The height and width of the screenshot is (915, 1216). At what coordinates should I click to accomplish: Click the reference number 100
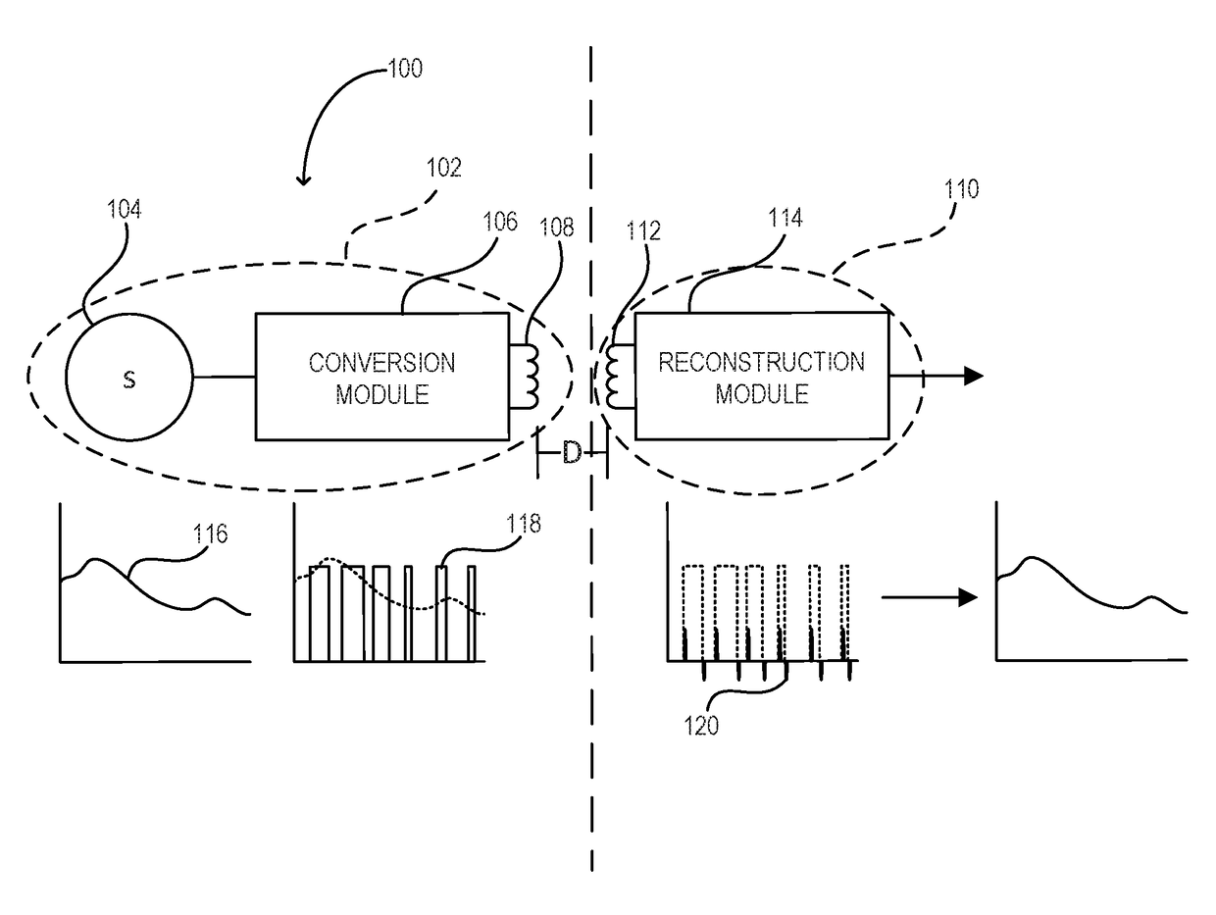coord(405,69)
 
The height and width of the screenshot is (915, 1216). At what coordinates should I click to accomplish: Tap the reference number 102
coord(444,168)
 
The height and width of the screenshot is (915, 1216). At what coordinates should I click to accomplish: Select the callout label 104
coord(125,209)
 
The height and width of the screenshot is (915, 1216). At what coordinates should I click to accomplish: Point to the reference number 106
coord(500,222)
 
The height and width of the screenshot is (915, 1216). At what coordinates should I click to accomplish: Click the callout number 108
coord(557,228)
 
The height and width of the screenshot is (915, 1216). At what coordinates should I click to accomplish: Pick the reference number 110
coord(962,189)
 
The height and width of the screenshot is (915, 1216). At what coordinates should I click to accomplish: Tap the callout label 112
coord(643,230)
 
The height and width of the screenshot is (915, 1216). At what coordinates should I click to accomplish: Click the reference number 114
coord(785,218)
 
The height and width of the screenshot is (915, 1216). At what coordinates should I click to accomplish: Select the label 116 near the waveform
coord(210,534)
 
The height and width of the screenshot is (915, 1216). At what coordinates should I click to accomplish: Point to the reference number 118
coord(524,524)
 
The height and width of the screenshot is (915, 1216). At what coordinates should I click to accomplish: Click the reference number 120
coord(701,726)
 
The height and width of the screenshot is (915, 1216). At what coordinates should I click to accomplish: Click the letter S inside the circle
coord(129,380)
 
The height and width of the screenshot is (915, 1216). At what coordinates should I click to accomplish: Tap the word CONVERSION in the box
coord(381,363)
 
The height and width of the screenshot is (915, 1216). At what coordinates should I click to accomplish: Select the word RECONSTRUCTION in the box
coord(761,362)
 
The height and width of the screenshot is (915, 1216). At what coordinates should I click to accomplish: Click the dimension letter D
coord(572,453)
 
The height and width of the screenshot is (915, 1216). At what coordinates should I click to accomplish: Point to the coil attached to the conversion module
coord(531,378)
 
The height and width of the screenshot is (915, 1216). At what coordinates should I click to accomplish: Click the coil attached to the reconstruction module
coord(612,377)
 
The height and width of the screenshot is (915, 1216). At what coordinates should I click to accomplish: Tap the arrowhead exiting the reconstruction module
coord(974,376)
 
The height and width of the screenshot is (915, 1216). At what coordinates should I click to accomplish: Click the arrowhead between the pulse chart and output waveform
coord(968,597)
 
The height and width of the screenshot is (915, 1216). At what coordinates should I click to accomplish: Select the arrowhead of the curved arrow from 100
coord(303,179)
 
